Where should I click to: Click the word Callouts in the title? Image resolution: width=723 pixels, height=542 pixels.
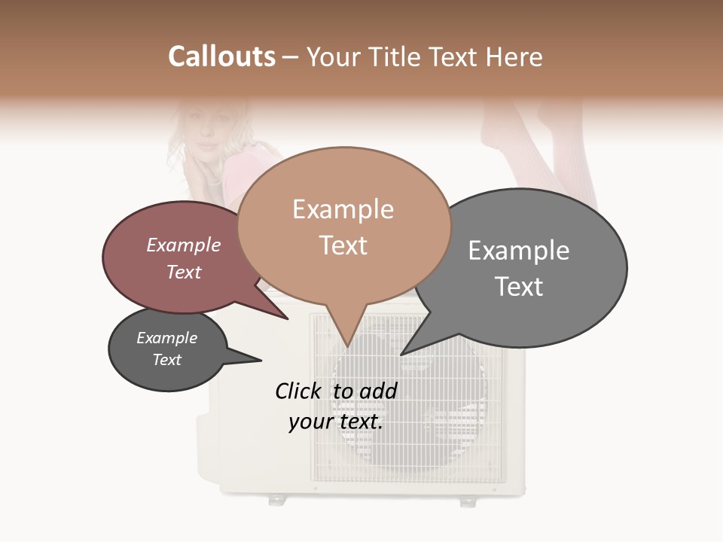point(221,56)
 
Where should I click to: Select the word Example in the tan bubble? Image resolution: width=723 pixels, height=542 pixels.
point(343,209)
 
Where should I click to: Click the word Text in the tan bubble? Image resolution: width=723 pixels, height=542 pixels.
point(343,245)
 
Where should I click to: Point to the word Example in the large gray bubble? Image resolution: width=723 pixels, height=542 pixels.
point(519,251)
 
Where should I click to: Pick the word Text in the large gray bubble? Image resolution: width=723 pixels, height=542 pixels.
point(519,287)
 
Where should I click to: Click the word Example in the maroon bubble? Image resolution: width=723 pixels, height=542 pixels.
point(184,245)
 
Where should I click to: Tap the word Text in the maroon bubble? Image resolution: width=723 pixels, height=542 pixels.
point(184,272)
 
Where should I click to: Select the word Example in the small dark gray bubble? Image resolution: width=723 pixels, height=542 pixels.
point(166,338)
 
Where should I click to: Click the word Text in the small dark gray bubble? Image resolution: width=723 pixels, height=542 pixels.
point(166,360)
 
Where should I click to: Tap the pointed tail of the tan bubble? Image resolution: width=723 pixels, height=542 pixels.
point(346,345)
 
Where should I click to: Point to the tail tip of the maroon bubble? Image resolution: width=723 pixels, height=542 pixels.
point(288,318)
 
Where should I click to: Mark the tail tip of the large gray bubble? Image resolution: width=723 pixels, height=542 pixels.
point(402,354)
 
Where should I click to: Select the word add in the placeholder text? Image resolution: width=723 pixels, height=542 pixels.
point(379,391)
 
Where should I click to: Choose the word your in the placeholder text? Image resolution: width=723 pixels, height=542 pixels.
point(310,422)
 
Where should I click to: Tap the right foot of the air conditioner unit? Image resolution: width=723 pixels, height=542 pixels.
point(468,501)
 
